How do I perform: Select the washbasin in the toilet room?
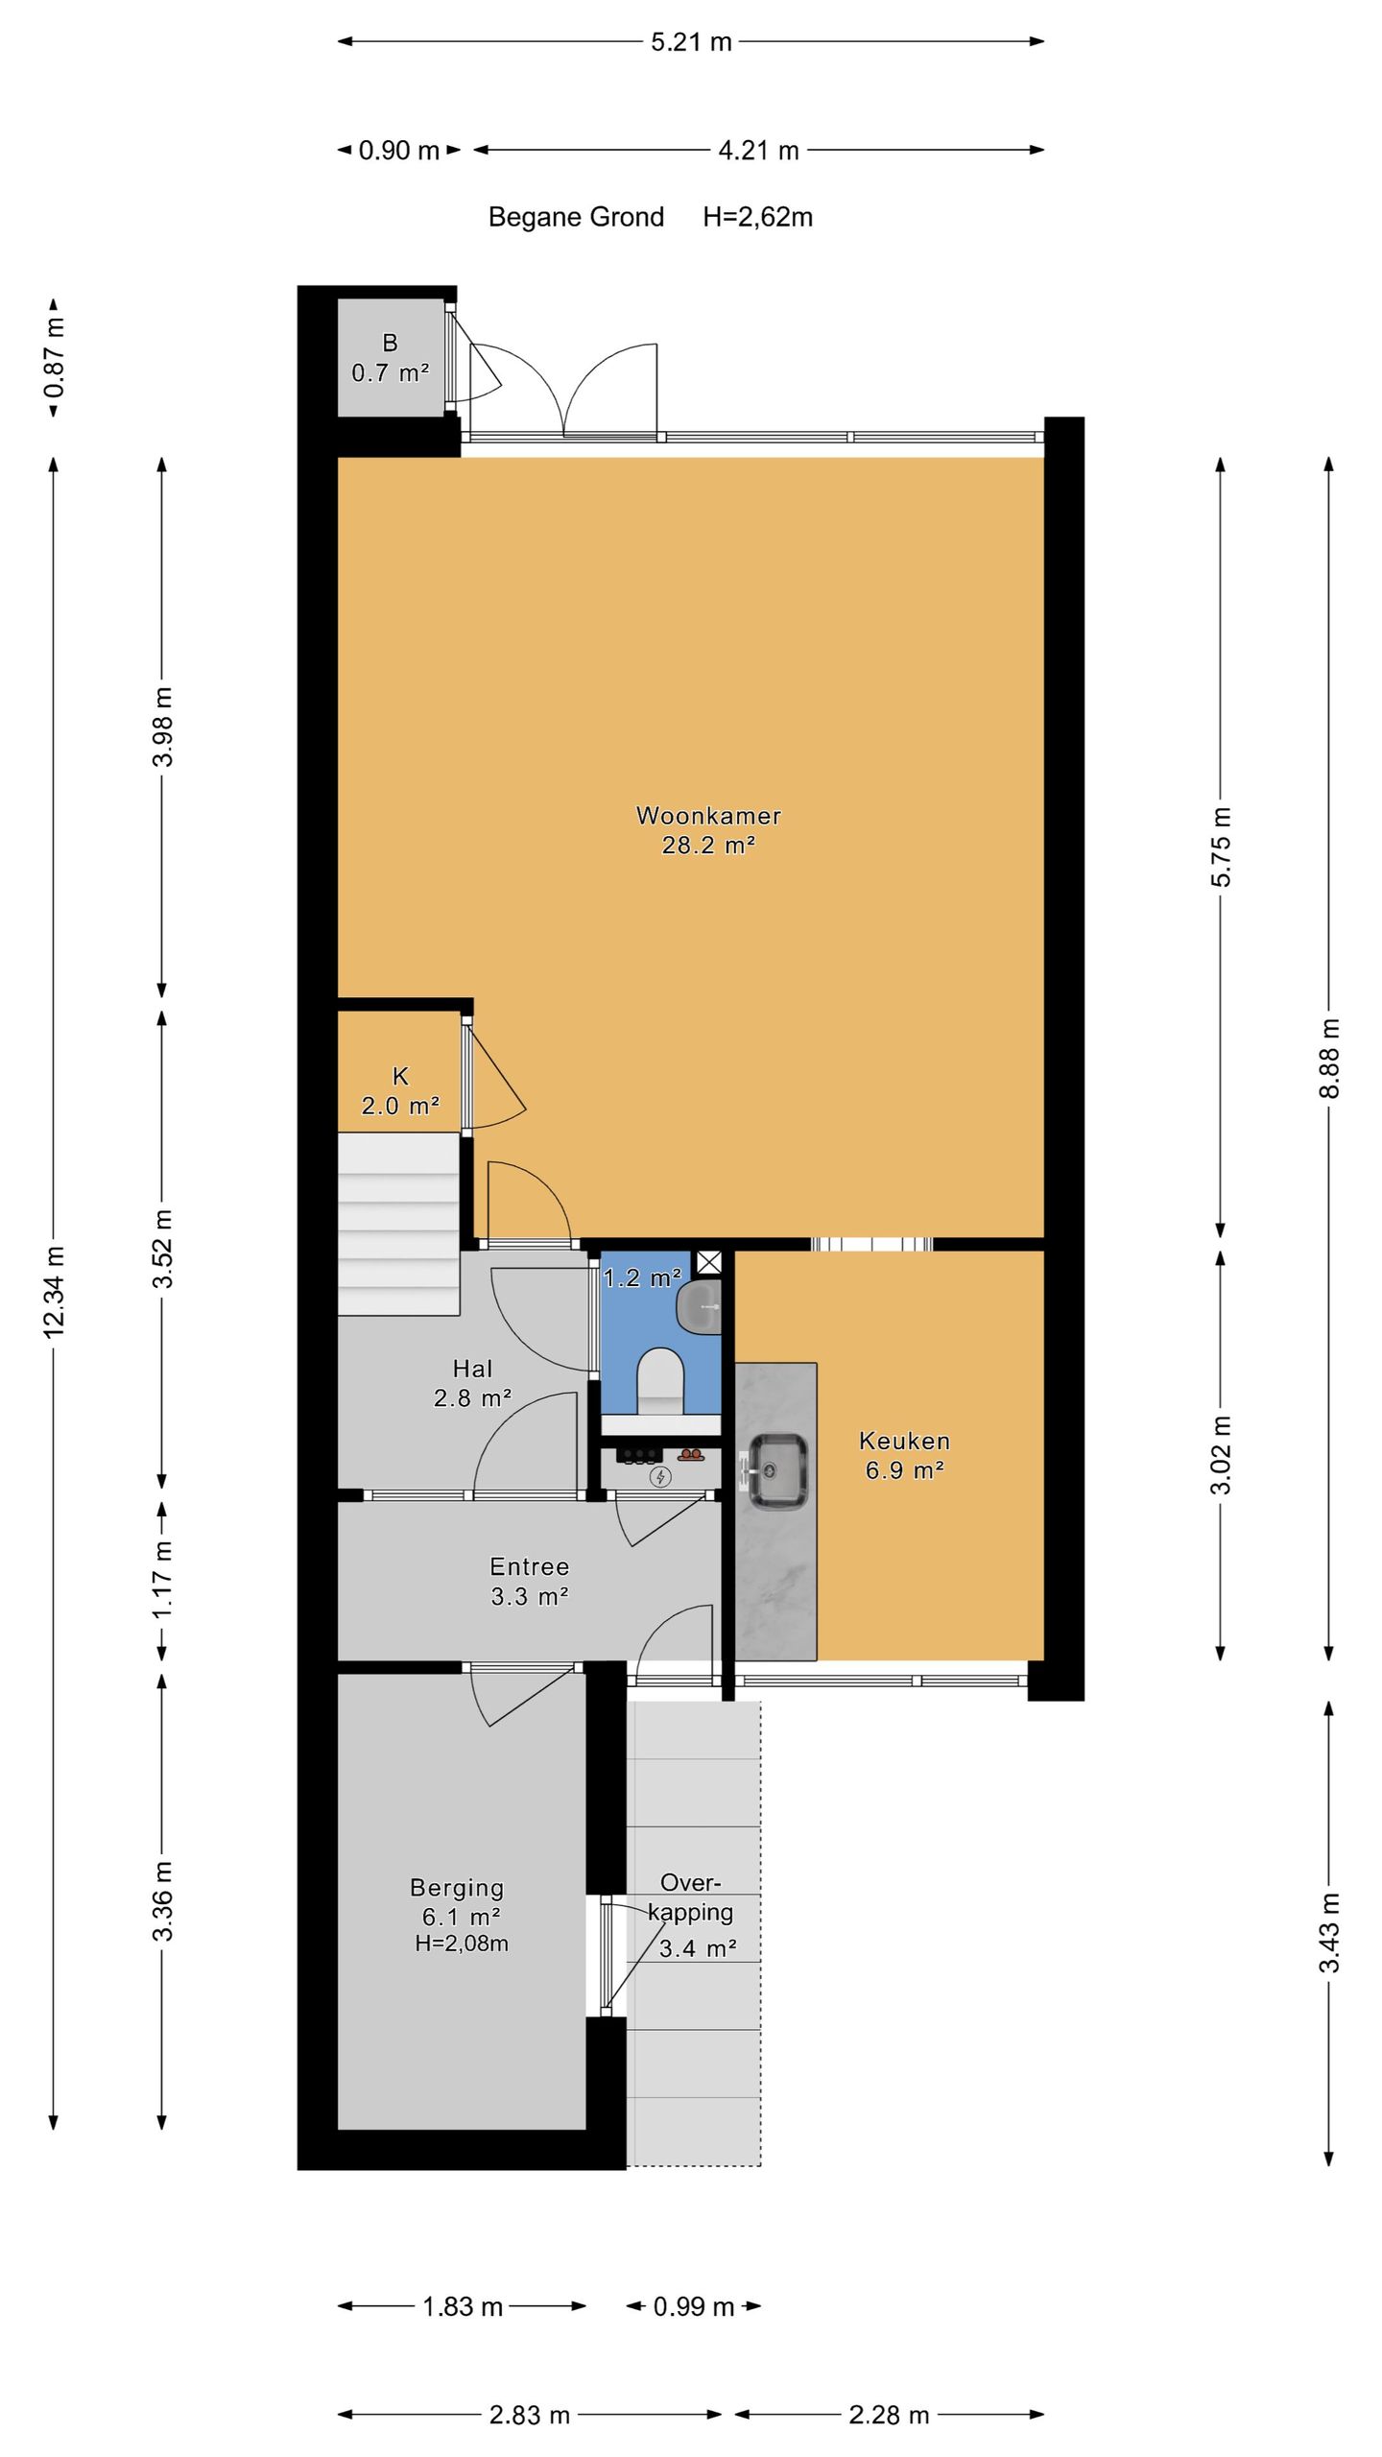(x=699, y=1306)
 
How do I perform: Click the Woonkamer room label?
(x=708, y=816)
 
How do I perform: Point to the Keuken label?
(x=904, y=1441)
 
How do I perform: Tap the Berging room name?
(x=457, y=1888)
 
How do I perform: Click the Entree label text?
(x=530, y=1567)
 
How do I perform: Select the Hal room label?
(x=472, y=1369)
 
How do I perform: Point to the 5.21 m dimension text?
(x=691, y=42)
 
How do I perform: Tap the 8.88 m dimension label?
(x=1329, y=1058)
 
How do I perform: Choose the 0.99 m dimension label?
(x=694, y=2306)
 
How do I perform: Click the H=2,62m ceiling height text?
(x=757, y=217)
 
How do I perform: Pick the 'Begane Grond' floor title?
(x=576, y=217)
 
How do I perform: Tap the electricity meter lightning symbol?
(x=660, y=1477)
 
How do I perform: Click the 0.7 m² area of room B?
(x=390, y=373)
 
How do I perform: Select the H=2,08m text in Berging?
(x=462, y=1944)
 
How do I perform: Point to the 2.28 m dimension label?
(x=889, y=2415)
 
